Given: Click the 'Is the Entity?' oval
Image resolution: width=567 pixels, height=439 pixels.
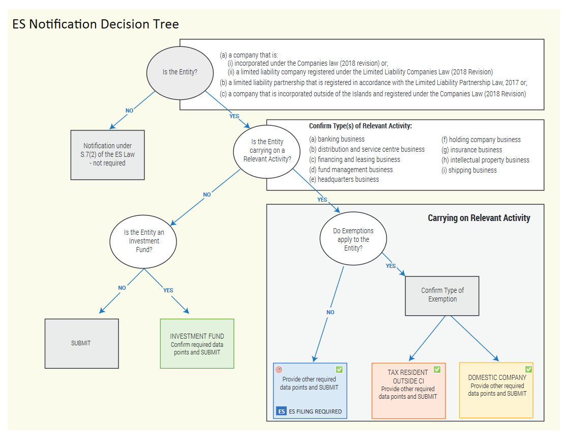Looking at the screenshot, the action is pyautogui.click(x=180, y=73).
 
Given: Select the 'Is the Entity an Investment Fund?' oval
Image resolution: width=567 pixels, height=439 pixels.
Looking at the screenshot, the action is pyautogui.click(x=143, y=241).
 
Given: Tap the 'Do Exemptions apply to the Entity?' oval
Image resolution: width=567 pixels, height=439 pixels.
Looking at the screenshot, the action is pyautogui.click(x=353, y=239).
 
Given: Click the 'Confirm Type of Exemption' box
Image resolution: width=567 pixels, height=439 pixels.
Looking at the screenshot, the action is pyautogui.click(x=442, y=296).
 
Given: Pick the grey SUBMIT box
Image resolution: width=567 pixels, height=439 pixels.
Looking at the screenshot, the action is pyautogui.click(x=82, y=343).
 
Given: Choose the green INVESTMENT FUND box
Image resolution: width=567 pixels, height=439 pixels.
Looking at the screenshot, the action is pyautogui.click(x=197, y=343).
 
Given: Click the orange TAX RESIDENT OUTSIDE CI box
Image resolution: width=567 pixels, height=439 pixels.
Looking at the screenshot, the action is pyautogui.click(x=409, y=391).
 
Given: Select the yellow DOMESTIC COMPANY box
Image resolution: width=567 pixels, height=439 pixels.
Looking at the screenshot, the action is pyautogui.click(x=496, y=391).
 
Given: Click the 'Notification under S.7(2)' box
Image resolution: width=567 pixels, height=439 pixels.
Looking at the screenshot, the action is pyautogui.click(x=108, y=155).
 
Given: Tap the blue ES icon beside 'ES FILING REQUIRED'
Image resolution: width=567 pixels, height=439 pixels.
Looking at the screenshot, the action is pyautogui.click(x=281, y=411).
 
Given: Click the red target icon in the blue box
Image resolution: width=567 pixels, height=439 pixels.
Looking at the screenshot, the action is pyautogui.click(x=279, y=369).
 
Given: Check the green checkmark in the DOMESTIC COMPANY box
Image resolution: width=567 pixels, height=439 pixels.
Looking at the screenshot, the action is pyautogui.click(x=529, y=369).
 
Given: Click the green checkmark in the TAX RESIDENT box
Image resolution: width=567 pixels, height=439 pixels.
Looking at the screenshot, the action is pyautogui.click(x=437, y=369).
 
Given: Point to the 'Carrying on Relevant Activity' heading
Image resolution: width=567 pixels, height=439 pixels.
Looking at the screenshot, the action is pyautogui.click(x=479, y=217).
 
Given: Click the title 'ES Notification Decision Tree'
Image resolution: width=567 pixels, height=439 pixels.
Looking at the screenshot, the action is pyautogui.click(x=96, y=24).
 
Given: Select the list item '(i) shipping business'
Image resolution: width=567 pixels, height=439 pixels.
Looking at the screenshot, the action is pyautogui.click(x=469, y=170).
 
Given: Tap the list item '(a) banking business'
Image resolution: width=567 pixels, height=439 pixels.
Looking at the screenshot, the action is pyautogui.click(x=337, y=139).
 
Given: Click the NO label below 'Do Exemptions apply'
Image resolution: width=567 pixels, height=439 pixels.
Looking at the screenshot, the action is pyautogui.click(x=330, y=312).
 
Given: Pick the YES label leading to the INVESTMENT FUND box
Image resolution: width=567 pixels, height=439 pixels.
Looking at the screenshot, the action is pyautogui.click(x=168, y=290).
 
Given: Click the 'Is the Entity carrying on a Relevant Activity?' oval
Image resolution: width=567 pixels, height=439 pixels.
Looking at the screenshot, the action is pyautogui.click(x=267, y=152).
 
